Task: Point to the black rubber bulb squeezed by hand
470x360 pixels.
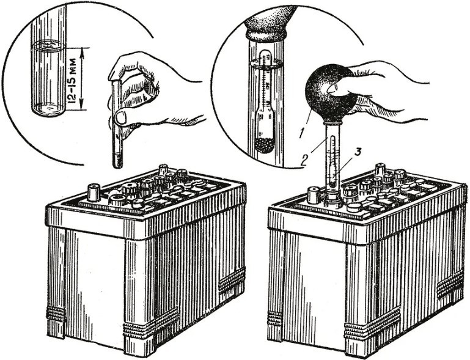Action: pyautogui.click(x=330, y=90)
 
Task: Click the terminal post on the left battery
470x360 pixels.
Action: pyautogui.click(x=94, y=192)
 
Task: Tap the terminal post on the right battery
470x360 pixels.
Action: pyautogui.click(x=314, y=195)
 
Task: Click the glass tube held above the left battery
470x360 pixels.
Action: pyautogui.click(x=117, y=125)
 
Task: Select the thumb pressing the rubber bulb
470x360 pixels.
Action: pyautogui.click(x=335, y=88)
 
